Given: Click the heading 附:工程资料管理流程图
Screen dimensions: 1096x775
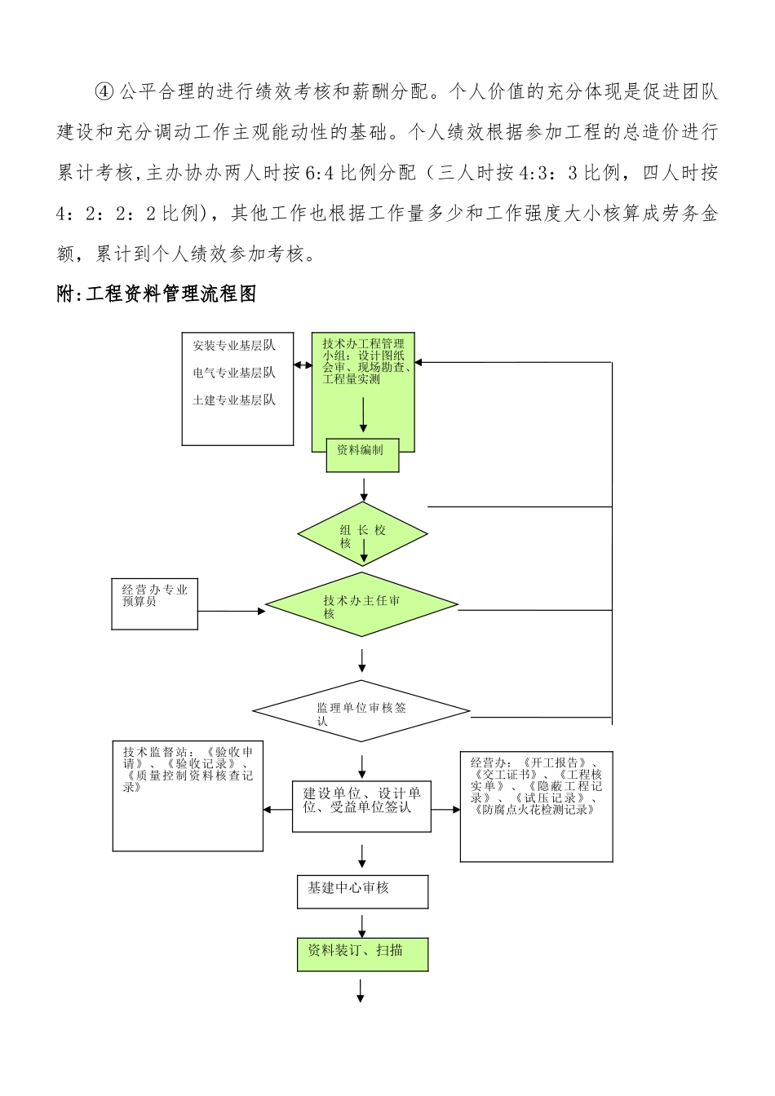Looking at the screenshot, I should (157, 294).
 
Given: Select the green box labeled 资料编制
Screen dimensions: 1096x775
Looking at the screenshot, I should (362, 455).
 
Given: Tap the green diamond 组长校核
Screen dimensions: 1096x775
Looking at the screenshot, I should (362, 535).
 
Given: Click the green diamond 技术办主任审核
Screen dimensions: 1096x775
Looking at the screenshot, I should (362, 605).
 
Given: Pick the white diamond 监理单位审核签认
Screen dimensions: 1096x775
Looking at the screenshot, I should (361, 711).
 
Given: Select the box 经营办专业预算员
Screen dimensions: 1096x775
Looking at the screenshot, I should (154, 604).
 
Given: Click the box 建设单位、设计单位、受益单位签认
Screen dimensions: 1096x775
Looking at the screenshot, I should (361, 806).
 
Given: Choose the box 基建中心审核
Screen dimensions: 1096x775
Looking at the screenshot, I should (362, 891).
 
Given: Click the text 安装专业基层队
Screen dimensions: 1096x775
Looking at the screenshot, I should (234, 346).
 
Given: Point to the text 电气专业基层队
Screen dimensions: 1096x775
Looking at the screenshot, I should (234, 373).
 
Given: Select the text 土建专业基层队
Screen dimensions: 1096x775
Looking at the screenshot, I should (234, 400).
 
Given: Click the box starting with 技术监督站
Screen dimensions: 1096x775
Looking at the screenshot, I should (188, 795).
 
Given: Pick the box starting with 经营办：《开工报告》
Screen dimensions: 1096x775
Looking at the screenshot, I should (536, 806).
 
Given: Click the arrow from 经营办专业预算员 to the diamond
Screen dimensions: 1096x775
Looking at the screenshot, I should (231, 611).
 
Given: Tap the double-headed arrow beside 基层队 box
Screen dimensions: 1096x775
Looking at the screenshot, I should (303, 365).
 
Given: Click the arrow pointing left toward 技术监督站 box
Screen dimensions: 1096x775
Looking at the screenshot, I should (277, 810).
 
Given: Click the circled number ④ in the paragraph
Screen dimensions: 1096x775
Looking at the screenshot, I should (105, 91).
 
